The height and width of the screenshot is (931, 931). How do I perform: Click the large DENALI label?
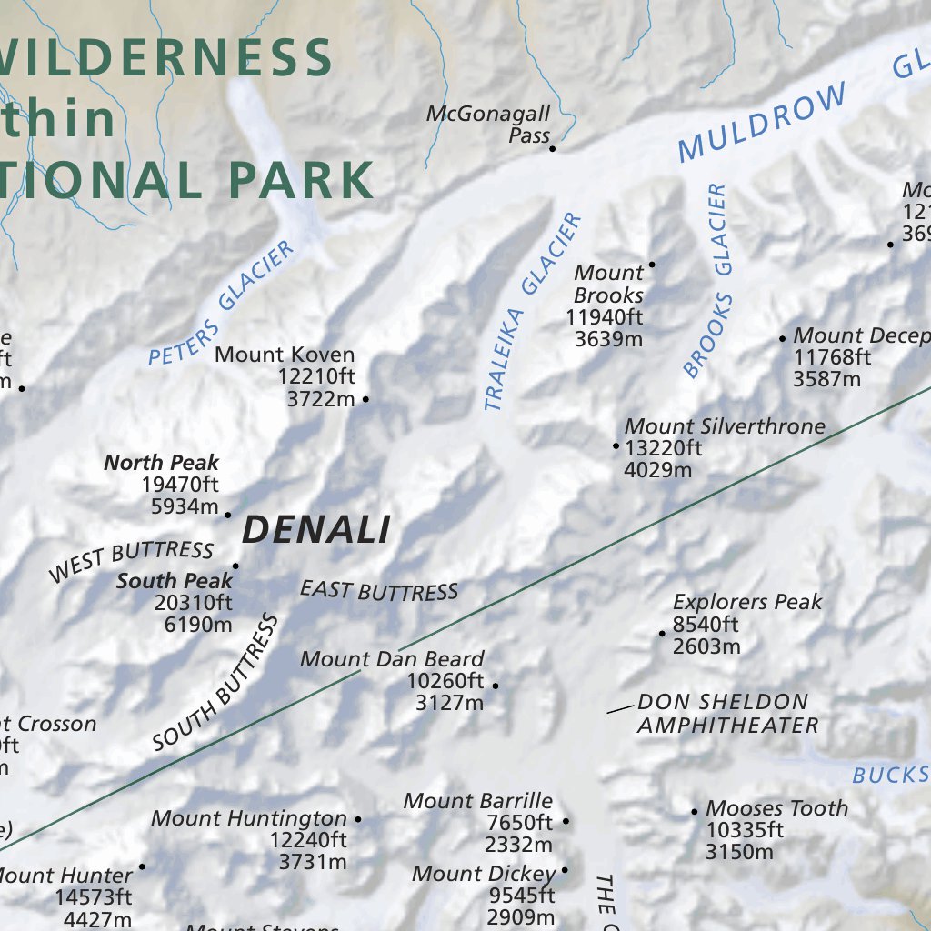tap(316, 529)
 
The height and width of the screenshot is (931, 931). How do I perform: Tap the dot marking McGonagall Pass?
tap(551, 147)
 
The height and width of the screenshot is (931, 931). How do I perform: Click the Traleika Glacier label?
tap(532, 311)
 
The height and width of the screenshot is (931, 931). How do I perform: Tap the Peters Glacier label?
tap(221, 304)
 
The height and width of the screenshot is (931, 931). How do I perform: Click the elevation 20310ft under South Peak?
tap(193, 602)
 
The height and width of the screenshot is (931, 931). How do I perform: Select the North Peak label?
tap(161, 462)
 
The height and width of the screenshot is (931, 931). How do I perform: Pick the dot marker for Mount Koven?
tap(365, 399)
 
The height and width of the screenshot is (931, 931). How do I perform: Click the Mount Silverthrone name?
tap(725, 425)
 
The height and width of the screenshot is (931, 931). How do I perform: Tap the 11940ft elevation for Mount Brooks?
tap(604, 317)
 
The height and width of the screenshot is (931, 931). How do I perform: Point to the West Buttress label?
tap(131, 560)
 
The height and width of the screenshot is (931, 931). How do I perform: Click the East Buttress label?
tap(379, 591)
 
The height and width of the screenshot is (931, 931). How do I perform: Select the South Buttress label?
tap(215, 682)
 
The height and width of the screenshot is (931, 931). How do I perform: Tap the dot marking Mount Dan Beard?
tap(496, 685)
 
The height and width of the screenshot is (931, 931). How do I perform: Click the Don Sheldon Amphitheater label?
tap(726, 713)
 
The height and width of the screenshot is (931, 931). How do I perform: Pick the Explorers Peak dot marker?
tap(662, 633)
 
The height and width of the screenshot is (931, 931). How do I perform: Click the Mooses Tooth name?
tap(776, 807)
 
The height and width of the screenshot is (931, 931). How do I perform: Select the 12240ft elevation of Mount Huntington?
tap(308, 839)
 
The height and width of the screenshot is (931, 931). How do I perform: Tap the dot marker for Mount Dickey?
tap(564, 870)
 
